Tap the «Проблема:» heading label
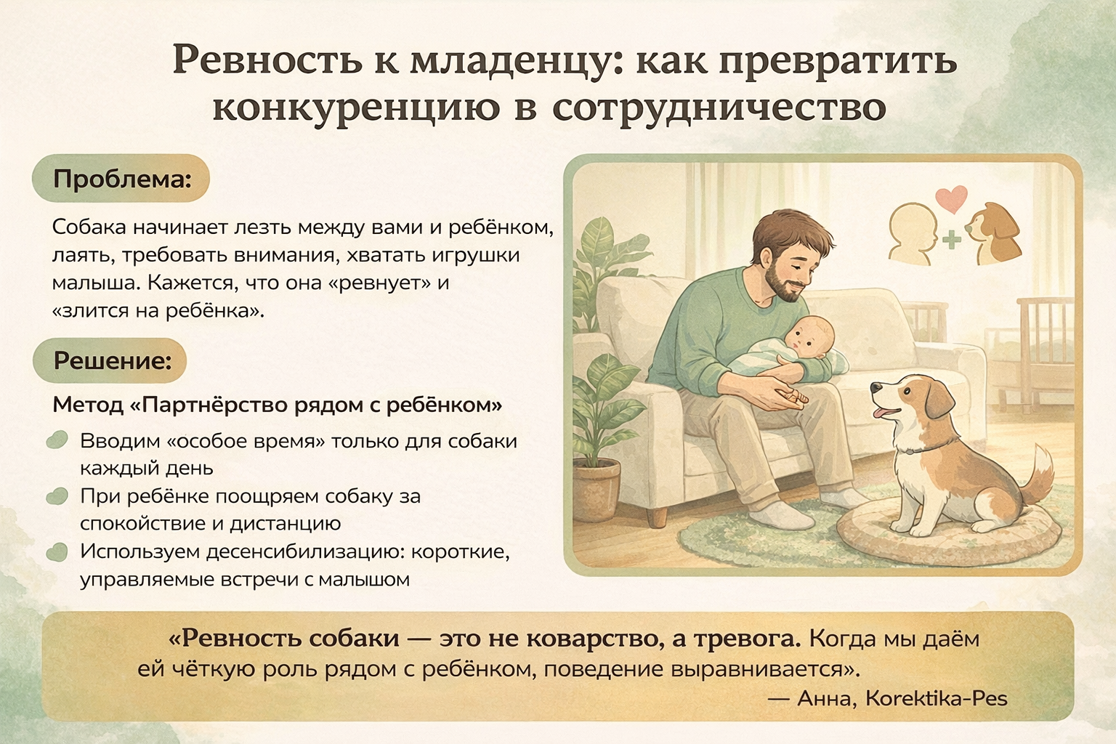122,179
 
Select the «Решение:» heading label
112,360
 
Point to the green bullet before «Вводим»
57,440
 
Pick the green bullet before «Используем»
57,552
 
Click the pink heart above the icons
951,199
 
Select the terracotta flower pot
596,484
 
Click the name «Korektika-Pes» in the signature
937,699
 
